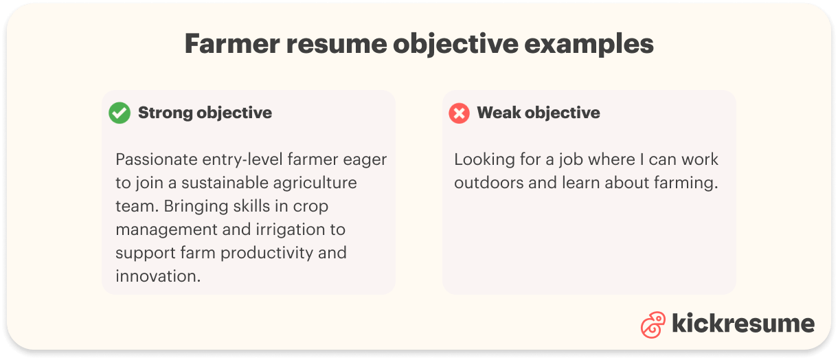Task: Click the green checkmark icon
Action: [120, 113]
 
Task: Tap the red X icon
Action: [459, 113]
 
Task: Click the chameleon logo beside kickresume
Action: [653, 325]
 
